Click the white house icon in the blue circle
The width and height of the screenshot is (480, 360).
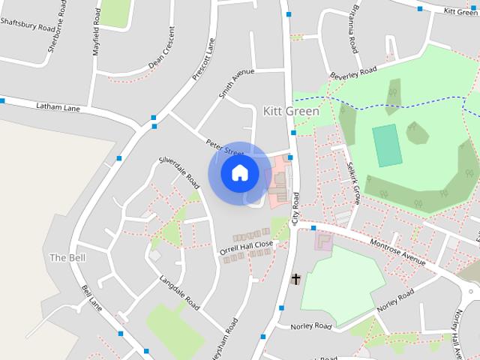(x=240, y=172)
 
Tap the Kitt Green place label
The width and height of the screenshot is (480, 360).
(x=291, y=111)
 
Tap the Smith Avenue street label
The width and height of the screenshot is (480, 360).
(x=236, y=84)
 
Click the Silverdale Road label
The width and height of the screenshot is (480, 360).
(x=179, y=172)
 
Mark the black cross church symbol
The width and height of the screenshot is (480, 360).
(x=295, y=279)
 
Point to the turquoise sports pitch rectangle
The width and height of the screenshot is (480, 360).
(x=387, y=145)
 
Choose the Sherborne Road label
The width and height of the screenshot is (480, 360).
(x=53, y=17)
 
